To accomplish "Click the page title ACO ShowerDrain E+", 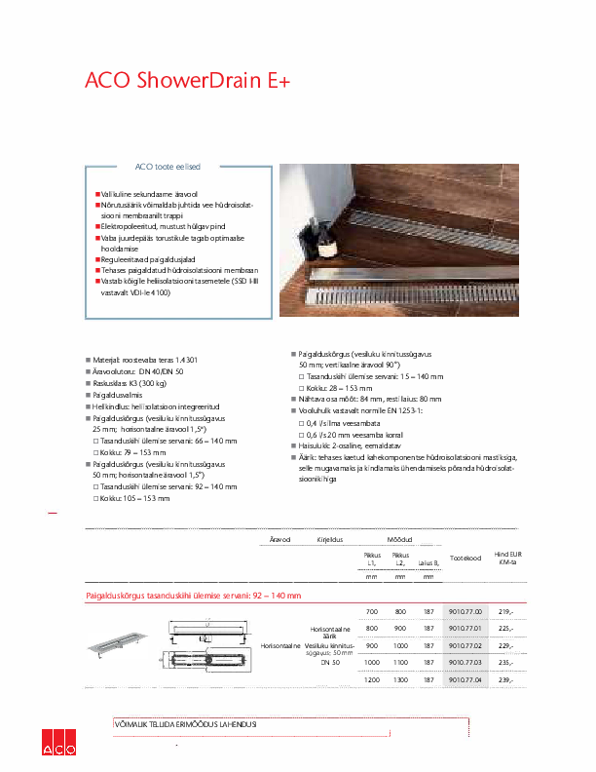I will (188, 82).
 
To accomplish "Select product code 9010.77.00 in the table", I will (464, 610).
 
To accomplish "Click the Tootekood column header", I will (466, 558).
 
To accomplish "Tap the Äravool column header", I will (280, 538).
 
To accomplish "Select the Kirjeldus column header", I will (329, 538).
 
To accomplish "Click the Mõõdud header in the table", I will (400, 538).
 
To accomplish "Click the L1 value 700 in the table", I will (371, 610).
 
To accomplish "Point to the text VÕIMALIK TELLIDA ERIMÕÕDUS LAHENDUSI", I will (186, 724).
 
